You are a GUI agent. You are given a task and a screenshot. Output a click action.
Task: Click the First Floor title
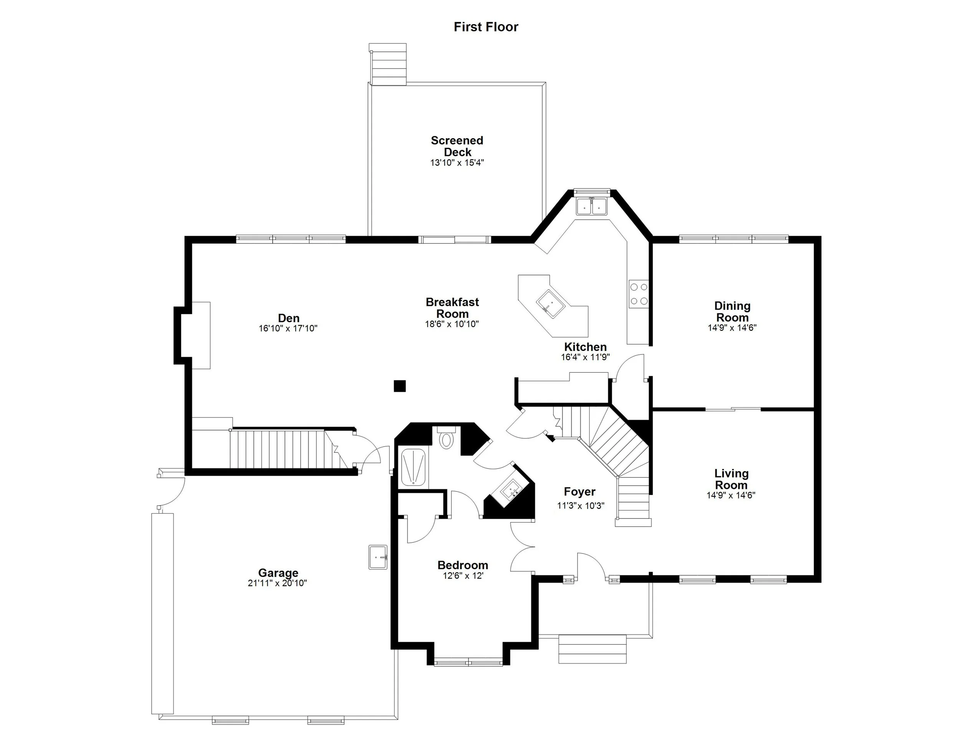[486, 27]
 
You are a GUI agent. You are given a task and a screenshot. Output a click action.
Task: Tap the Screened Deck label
[457, 146]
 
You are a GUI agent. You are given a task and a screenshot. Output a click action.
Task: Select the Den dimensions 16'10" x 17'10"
[288, 328]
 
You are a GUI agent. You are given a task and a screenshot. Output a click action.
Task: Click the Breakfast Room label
[452, 308]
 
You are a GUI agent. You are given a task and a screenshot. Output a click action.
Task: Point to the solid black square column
[400, 386]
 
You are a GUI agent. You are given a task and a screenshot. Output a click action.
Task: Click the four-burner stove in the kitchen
[639, 294]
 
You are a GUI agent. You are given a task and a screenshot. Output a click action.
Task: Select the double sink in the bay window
[592, 206]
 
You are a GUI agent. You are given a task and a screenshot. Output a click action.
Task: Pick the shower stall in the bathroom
[413, 468]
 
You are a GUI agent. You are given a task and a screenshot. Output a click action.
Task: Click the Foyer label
[579, 492]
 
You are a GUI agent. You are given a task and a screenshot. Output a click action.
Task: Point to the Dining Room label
[732, 311]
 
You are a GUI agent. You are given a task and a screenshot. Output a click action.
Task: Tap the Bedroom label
[462, 565]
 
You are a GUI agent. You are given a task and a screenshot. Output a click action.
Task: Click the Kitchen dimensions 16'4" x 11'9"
[585, 358]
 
